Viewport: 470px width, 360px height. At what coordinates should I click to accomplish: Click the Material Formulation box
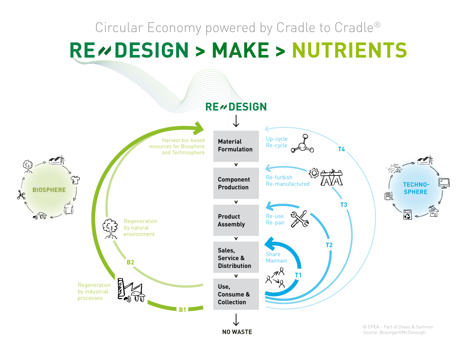(x=236, y=146)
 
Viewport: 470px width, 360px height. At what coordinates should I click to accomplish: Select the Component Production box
(x=236, y=183)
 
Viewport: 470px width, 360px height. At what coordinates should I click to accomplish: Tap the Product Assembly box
(x=236, y=220)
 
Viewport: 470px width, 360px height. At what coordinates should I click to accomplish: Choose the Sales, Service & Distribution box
(x=236, y=257)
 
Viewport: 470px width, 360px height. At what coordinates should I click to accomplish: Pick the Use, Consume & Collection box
(x=236, y=294)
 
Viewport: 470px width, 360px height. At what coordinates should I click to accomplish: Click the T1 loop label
(x=298, y=275)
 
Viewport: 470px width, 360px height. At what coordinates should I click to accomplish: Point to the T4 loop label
(x=341, y=149)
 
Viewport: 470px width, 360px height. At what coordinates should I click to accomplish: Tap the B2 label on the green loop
(x=130, y=262)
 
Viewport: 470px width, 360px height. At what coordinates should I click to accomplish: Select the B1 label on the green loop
(x=183, y=309)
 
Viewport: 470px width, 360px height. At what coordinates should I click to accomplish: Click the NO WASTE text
(x=237, y=332)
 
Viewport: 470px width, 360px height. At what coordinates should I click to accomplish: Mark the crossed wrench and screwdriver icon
(x=300, y=219)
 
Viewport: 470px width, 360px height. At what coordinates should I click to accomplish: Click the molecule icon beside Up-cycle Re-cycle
(x=302, y=143)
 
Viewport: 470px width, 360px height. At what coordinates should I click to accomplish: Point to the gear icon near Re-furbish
(x=314, y=173)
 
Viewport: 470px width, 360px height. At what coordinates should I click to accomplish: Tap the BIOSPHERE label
(x=49, y=190)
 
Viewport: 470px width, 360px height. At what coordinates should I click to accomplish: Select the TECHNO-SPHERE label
(x=416, y=188)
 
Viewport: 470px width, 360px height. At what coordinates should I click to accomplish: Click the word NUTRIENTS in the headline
(x=349, y=50)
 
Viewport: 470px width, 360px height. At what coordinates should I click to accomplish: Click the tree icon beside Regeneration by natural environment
(x=110, y=229)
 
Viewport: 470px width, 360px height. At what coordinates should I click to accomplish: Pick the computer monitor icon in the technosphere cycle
(x=444, y=183)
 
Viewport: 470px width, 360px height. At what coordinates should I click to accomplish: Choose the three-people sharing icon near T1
(x=275, y=278)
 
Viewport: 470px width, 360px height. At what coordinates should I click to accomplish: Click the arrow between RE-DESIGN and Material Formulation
(x=236, y=121)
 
